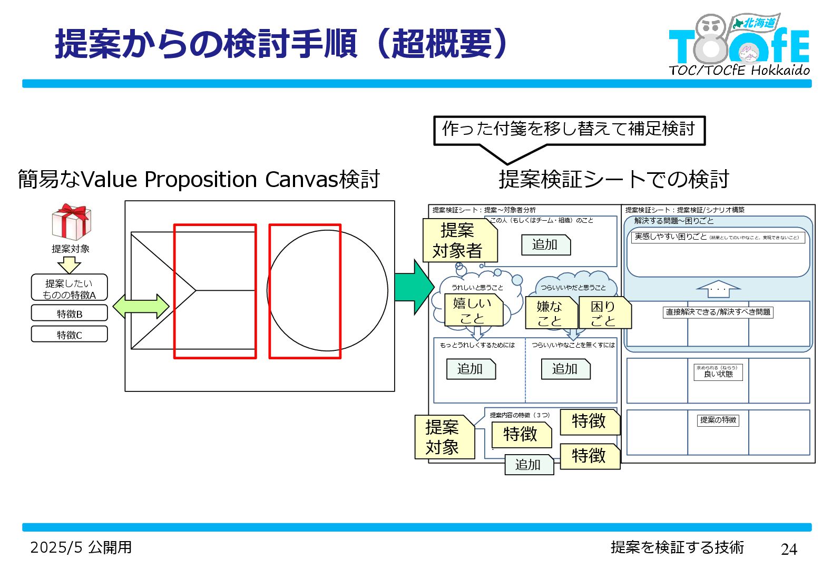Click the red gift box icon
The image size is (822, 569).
pyautogui.click(x=71, y=222)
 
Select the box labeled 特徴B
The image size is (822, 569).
pyautogui.click(x=69, y=313)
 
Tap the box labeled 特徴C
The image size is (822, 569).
pyautogui.click(x=69, y=335)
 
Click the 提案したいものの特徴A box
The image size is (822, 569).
pyautogui.click(x=69, y=288)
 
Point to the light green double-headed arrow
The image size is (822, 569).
pyautogui.click(x=141, y=306)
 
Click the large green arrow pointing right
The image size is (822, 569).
pyautogui.click(x=414, y=287)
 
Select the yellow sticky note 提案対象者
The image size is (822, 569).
pyautogui.click(x=459, y=241)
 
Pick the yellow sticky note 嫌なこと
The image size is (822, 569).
pyautogui.click(x=550, y=313)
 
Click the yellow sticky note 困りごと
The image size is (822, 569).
pyautogui.click(x=604, y=313)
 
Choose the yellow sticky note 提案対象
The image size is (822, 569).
pyautogui.click(x=444, y=437)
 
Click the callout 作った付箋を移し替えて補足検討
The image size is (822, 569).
pyautogui.click(x=569, y=130)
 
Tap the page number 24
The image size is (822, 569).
pyautogui.click(x=788, y=549)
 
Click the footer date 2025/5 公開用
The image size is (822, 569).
pyautogui.click(x=81, y=547)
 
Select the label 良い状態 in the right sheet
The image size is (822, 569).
pyautogui.click(x=718, y=372)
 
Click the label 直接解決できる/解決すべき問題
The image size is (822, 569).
pyautogui.click(x=718, y=312)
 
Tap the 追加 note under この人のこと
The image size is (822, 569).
pyautogui.click(x=545, y=245)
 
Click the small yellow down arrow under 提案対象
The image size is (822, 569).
pyautogui.click(x=69, y=264)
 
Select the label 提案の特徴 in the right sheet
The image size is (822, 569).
pyautogui.click(x=718, y=420)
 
